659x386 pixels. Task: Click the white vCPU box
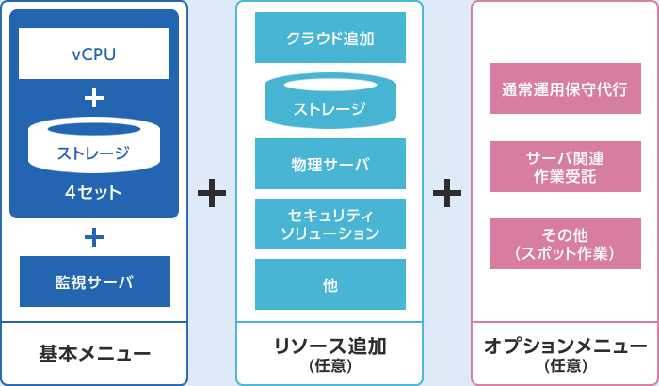click(94, 54)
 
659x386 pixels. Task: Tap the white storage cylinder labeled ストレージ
click(94, 147)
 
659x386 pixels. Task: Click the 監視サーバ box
click(94, 281)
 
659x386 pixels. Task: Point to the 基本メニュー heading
click(94, 354)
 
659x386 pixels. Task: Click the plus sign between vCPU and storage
click(94, 98)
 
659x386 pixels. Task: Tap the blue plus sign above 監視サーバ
click(94, 237)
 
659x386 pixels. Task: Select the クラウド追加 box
click(329, 39)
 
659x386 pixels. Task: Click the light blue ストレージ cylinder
click(329, 102)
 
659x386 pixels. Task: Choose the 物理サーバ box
click(329, 164)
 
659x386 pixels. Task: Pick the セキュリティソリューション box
click(329, 223)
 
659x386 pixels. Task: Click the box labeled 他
click(329, 283)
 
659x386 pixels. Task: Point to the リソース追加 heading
click(329, 346)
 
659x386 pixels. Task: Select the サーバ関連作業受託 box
click(565, 167)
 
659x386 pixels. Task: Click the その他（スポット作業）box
click(565, 244)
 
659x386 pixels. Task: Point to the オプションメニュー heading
click(565, 346)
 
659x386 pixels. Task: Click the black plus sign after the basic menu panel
click(212, 193)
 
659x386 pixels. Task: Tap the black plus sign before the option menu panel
click(446, 193)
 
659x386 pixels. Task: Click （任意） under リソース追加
click(329, 365)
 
